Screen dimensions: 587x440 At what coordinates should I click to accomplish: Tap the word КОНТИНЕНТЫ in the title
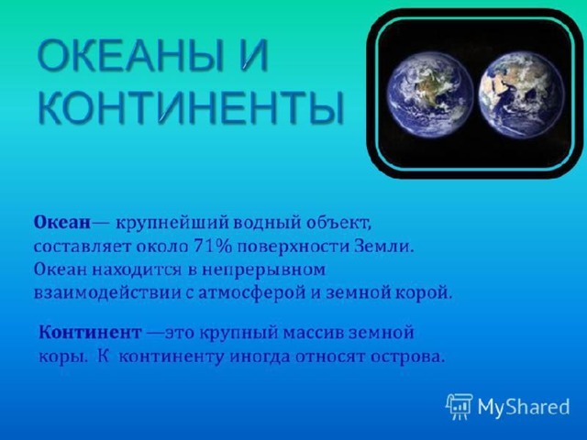pos(191,106)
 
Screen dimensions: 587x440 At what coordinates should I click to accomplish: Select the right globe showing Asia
pos(522,95)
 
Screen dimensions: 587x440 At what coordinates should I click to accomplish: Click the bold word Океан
pos(62,223)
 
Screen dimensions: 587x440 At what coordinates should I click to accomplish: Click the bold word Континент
pos(91,332)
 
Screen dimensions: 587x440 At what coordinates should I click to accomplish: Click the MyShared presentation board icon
pos(459,406)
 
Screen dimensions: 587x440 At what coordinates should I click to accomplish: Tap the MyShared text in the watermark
pos(524,407)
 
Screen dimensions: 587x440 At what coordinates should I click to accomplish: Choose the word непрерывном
pos(263,270)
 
